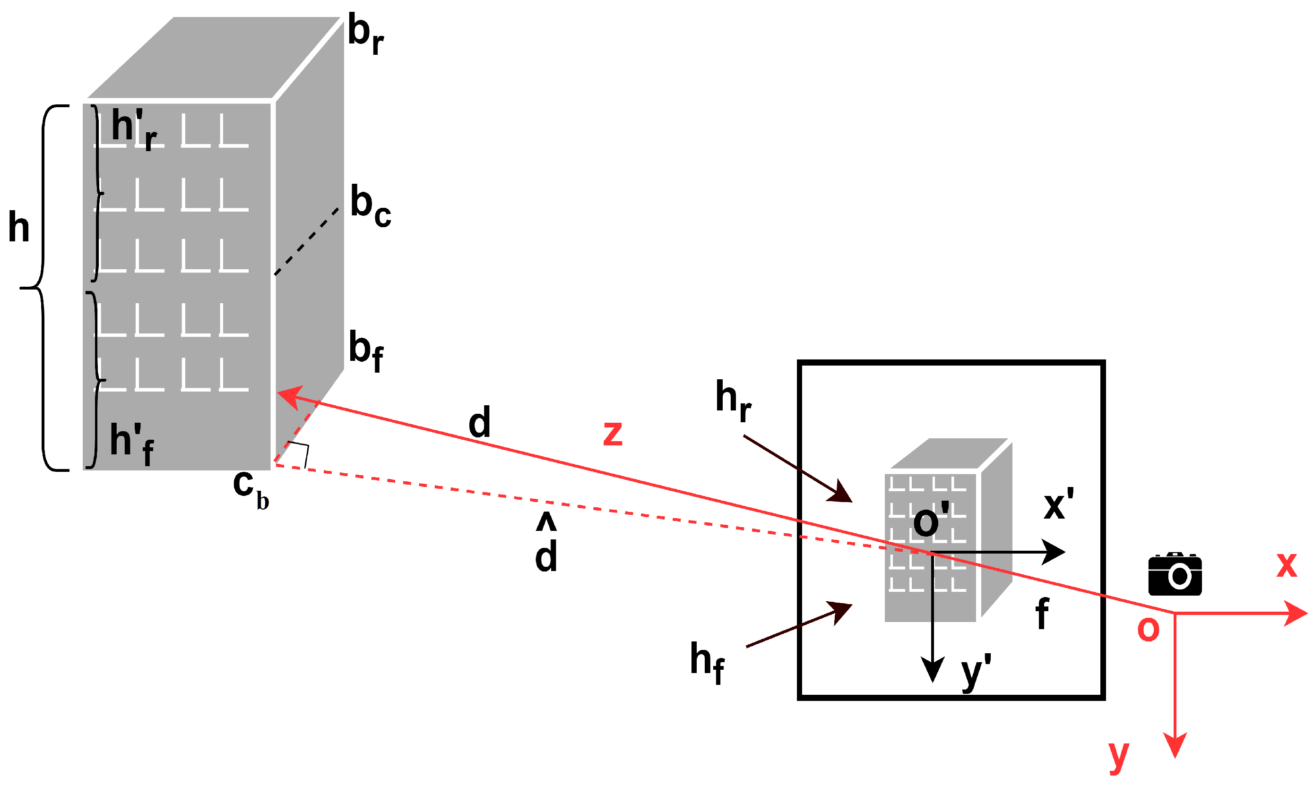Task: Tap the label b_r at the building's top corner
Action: pyautogui.click(x=365, y=34)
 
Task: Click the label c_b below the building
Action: pyautogui.click(x=251, y=488)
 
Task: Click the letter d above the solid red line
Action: pyautogui.click(x=479, y=422)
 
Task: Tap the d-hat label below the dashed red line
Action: pyautogui.click(x=545, y=545)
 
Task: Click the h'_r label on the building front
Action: pyautogui.click(x=133, y=129)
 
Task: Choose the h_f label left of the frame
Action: pyautogui.click(x=707, y=662)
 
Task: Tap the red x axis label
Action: pyautogui.click(x=1287, y=565)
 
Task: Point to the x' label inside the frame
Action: pyautogui.click(x=1058, y=504)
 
